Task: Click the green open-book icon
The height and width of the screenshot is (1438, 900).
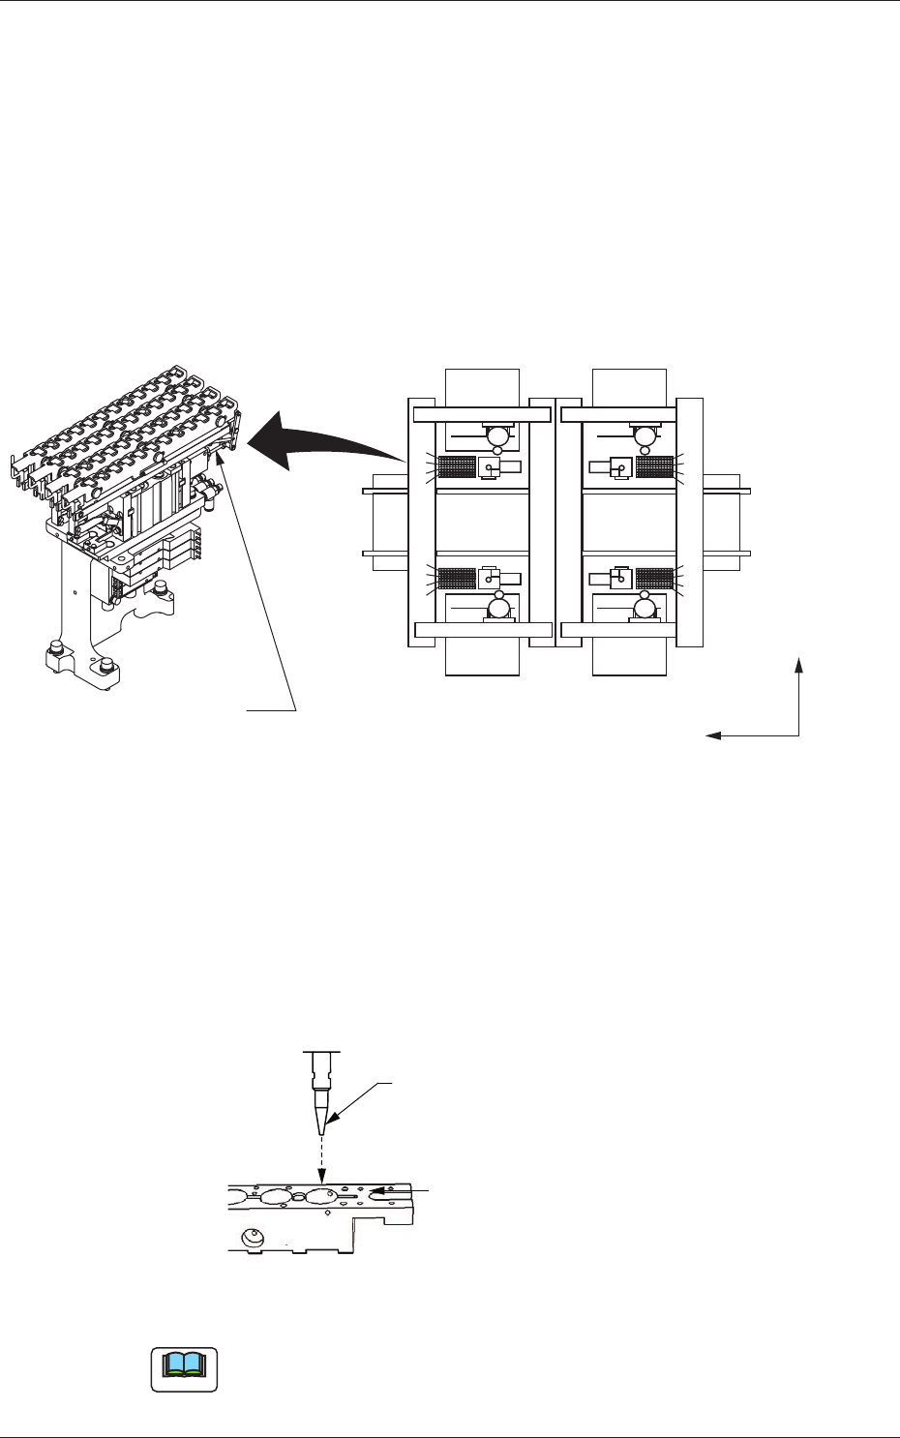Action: pyautogui.click(x=184, y=1366)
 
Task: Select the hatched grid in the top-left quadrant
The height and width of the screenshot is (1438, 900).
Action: pyautogui.click(x=457, y=466)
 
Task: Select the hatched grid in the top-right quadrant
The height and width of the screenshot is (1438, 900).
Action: pyautogui.click(x=654, y=466)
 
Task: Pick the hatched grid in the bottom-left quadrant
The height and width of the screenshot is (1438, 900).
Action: pyautogui.click(x=457, y=579)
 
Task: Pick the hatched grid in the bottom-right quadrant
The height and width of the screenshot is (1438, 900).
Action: pyautogui.click(x=654, y=579)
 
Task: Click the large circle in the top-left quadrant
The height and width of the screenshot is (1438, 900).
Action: pyautogui.click(x=498, y=435)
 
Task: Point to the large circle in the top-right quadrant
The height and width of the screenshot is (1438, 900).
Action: pyautogui.click(x=644, y=435)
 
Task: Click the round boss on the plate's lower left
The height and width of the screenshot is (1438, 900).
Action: pyautogui.click(x=254, y=1237)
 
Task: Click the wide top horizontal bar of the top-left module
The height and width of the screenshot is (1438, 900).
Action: pyautogui.click(x=482, y=414)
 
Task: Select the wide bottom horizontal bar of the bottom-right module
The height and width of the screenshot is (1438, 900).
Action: pyautogui.click(x=619, y=630)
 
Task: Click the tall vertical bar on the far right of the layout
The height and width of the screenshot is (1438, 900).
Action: pyautogui.click(x=689, y=522)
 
